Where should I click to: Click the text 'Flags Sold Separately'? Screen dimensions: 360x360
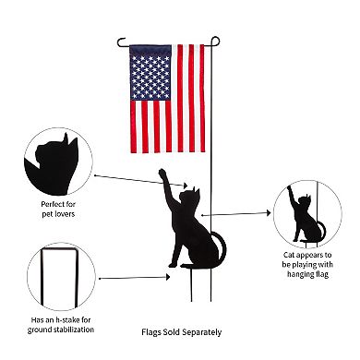tap(181, 332)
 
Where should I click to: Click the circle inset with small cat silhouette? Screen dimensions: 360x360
tap(310, 211)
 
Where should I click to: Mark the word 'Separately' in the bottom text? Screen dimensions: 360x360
tap(202, 332)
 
